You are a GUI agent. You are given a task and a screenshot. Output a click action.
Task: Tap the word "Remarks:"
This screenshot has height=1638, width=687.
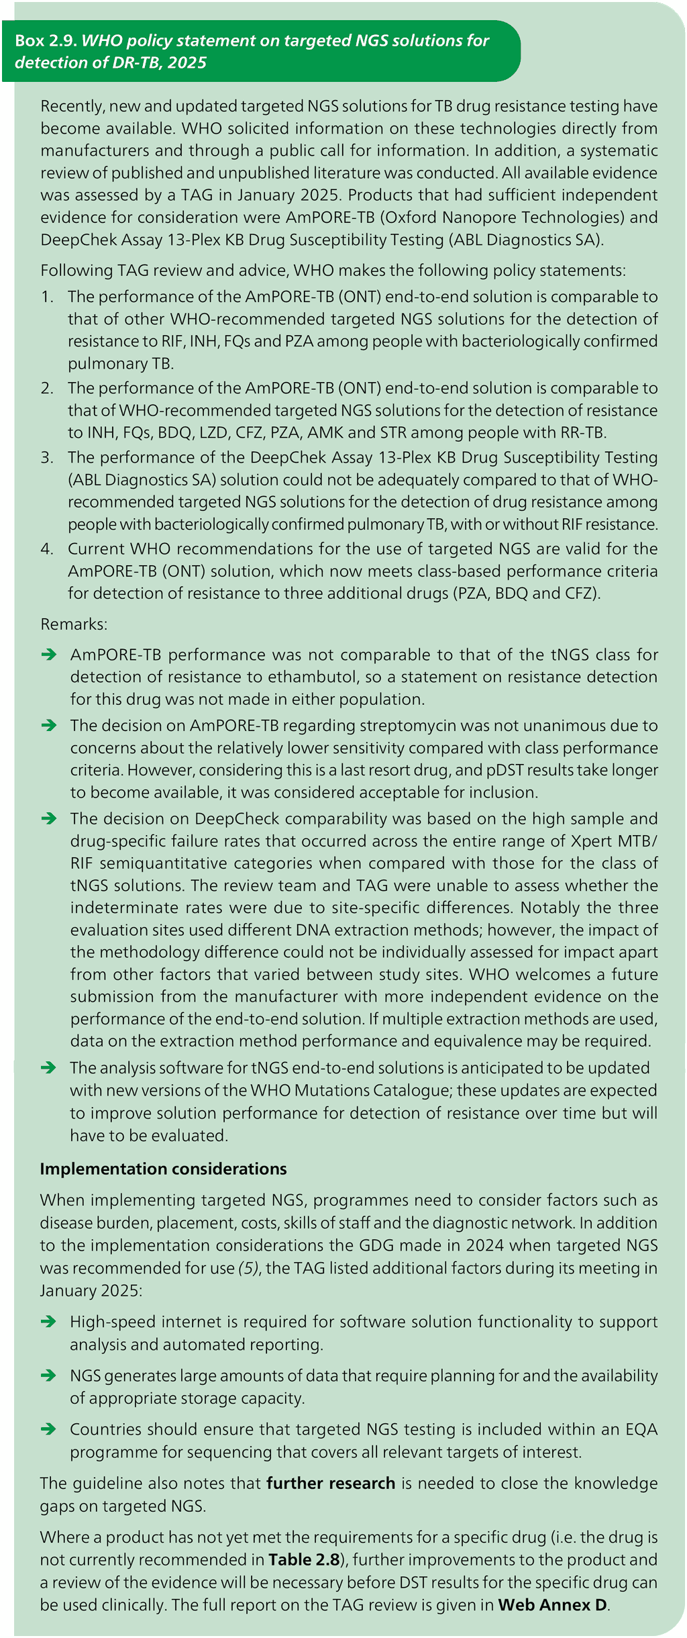74,624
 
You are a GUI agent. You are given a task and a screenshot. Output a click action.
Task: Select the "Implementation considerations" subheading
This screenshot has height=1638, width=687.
163,1169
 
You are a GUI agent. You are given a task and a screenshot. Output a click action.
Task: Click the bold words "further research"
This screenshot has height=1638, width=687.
330,1483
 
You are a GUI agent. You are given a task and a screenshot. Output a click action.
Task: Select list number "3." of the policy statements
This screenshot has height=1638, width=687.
47,457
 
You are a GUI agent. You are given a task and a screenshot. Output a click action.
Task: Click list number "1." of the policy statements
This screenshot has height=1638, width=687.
47,297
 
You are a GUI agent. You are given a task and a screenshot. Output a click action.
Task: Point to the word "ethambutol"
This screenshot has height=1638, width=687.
315,677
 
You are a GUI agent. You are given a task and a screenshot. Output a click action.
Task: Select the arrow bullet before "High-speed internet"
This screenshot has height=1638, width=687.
48,1322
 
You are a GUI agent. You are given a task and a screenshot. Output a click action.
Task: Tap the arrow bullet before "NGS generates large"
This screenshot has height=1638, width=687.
48,1376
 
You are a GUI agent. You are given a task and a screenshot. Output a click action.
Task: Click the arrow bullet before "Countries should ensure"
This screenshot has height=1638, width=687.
48,1429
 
